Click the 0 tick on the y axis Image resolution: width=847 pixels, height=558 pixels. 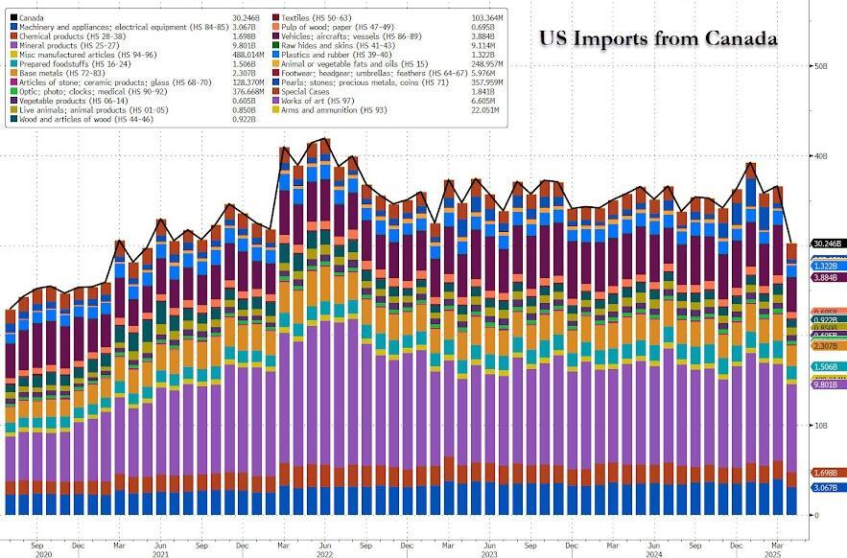tap(817, 515)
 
